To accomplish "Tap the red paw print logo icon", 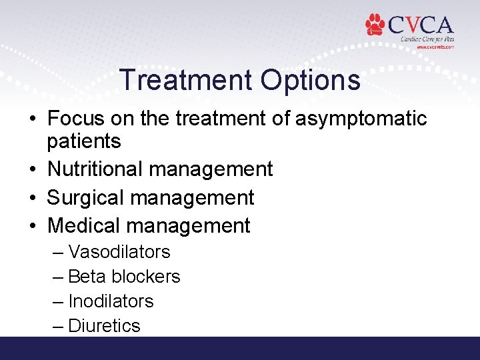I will coord(375,25).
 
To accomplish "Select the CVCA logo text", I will coord(420,25).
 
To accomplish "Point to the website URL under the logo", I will coord(435,47).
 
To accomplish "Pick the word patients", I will coord(84,141).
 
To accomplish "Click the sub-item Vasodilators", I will coord(119,252).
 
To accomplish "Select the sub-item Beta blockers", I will coord(124,277).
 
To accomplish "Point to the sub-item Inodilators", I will coord(111,301).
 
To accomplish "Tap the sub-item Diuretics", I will coord(104,326).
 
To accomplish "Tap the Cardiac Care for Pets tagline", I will coord(427,39).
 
